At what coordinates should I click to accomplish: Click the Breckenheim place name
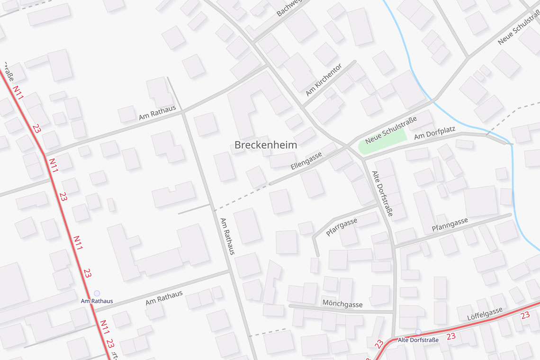click(x=266, y=145)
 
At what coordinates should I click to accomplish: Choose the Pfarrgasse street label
click(x=342, y=227)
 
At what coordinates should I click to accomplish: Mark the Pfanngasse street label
click(x=450, y=225)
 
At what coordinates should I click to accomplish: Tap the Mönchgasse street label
click(x=342, y=304)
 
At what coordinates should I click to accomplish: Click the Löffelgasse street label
click(x=485, y=313)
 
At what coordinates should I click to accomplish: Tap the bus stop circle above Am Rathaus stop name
click(x=97, y=293)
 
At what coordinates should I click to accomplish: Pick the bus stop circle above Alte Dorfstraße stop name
click(x=418, y=332)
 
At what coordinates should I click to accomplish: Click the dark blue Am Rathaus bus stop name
click(x=97, y=301)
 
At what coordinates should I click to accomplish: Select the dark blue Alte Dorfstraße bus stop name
click(x=418, y=340)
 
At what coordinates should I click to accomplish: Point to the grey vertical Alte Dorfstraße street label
click(x=382, y=193)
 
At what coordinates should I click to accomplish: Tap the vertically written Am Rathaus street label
click(x=227, y=236)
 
